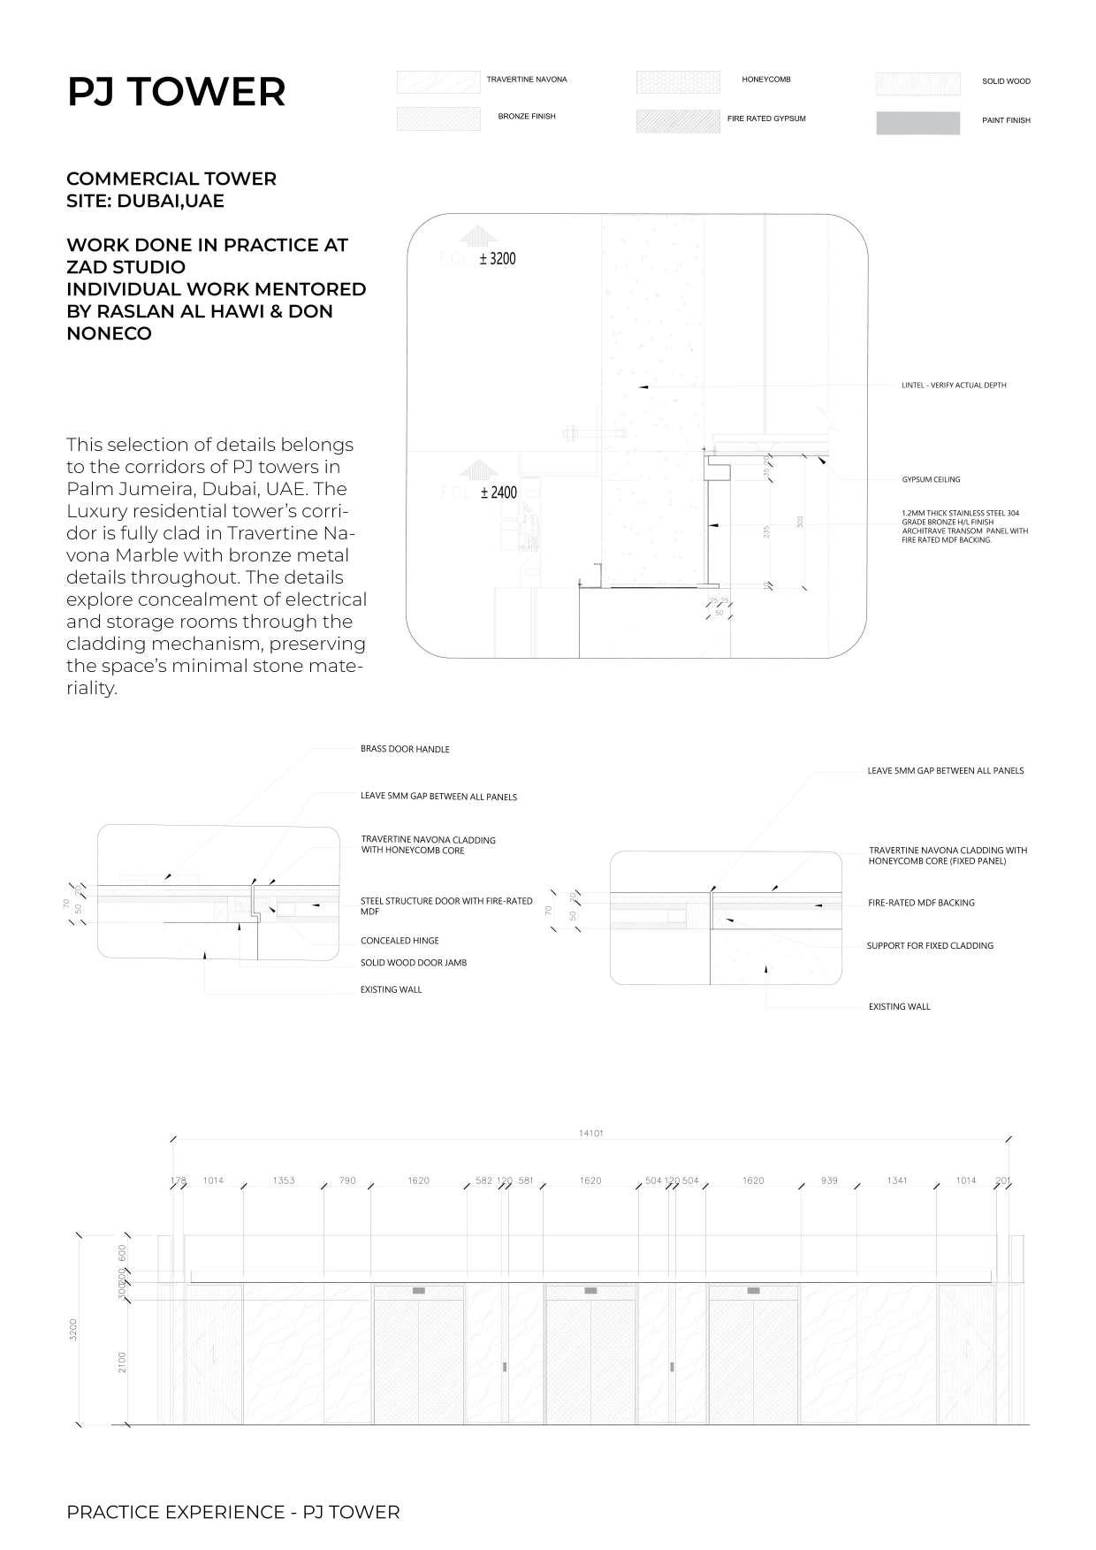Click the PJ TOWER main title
click(x=176, y=92)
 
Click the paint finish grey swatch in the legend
click(x=917, y=123)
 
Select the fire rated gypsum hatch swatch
click(x=677, y=121)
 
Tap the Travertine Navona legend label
click(x=527, y=80)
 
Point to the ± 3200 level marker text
click(x=497, y=259)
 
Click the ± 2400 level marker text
click(x=498, y=492)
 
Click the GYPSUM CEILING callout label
click(x=930, y=479)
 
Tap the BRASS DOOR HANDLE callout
click(x=405, y=749)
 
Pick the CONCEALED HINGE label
click(x=400, y=941)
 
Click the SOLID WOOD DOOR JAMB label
click(x=413, y=963)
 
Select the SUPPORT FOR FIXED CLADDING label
click(x=930, y=946)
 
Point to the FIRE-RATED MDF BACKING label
click(x=921, y=903)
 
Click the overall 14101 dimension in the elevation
click(x=590, y=1134)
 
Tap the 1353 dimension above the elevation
click(x=284, y=1180)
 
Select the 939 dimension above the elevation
click(x=828, y=1180)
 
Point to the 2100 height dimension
click(x=122, y=1362)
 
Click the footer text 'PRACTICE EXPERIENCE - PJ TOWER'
click(x=232, y=1512)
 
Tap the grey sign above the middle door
click(x=590, y=1291)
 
